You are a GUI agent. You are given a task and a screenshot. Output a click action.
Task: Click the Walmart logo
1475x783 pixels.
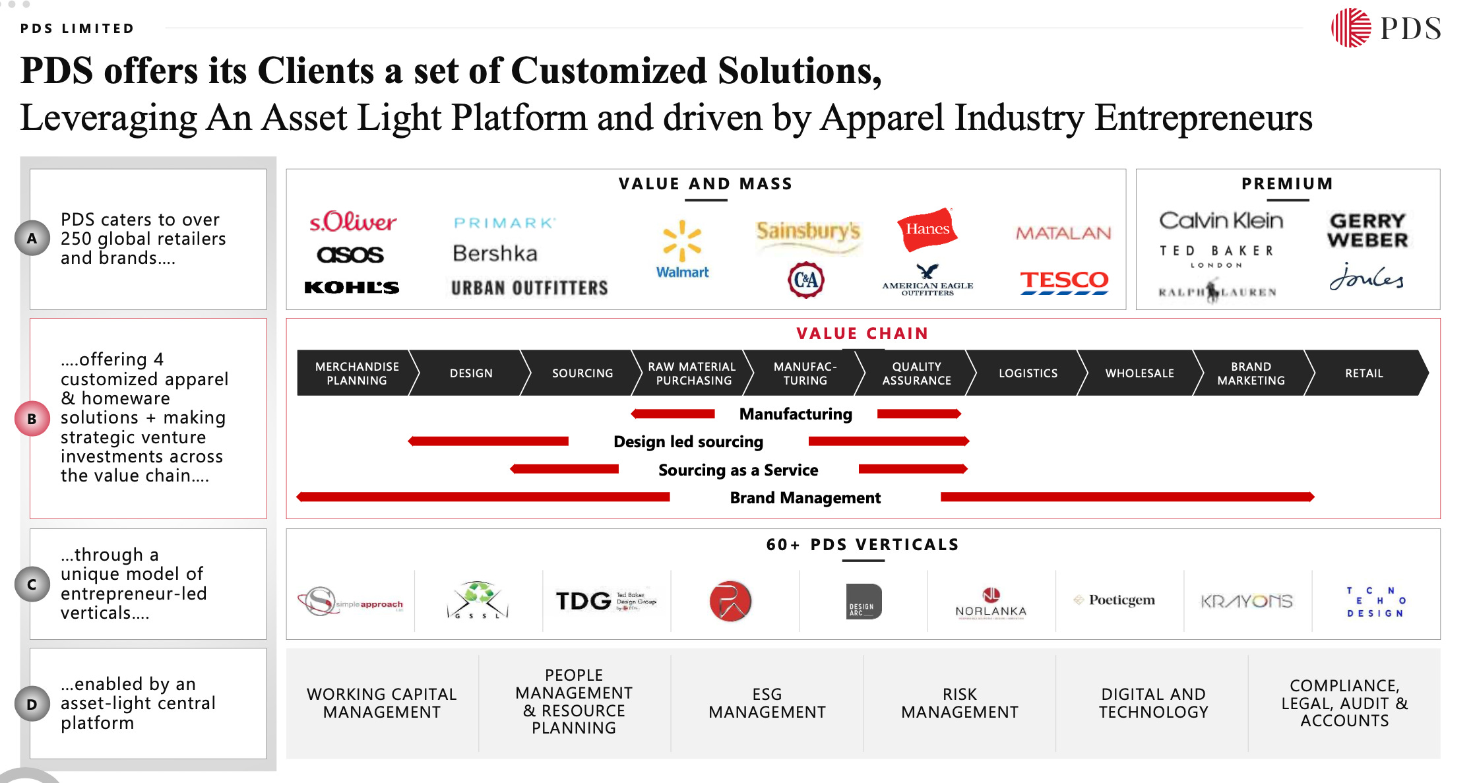click(682, 250)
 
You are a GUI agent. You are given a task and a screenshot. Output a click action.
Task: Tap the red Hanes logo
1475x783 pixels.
click(927, 229)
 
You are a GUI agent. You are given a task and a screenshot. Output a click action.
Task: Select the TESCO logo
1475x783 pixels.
click(1064, 281)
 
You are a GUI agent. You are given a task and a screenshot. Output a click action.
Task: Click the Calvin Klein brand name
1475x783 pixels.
click(1221, 220)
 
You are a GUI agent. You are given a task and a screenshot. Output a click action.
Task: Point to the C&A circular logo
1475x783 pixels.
click(806, 280)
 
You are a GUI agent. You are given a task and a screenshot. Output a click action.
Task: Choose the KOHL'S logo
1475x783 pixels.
click(352, 288)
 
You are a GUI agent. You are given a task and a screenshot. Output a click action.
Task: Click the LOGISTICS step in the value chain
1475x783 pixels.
click(1028, 373)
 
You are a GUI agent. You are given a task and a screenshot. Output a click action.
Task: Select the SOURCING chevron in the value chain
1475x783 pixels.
click(582, 373)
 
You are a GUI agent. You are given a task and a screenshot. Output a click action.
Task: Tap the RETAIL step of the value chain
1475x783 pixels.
click(1364, 373)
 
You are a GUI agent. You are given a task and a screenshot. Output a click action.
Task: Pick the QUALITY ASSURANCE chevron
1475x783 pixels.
click(916, 373)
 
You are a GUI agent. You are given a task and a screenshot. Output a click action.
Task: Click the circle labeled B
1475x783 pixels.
click(32, 419)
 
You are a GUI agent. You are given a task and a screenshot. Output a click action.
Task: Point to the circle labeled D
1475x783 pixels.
click(32, 705)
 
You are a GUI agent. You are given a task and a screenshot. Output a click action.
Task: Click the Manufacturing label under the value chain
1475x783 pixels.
click(796, 414)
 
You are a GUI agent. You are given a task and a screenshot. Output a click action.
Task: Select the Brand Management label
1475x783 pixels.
click(805, 498)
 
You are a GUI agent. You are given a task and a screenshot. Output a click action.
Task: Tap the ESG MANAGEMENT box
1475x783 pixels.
click(767, 703)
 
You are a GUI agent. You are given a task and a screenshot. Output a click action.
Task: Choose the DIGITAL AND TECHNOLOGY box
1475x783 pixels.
click(1153, 703)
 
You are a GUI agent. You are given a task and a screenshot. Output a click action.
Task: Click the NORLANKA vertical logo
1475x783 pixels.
click(991, 602)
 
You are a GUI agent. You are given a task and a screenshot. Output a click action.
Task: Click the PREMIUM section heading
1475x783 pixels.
click(1287, 184)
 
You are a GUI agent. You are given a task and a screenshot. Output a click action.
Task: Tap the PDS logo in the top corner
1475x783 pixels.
click(1386, 28)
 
